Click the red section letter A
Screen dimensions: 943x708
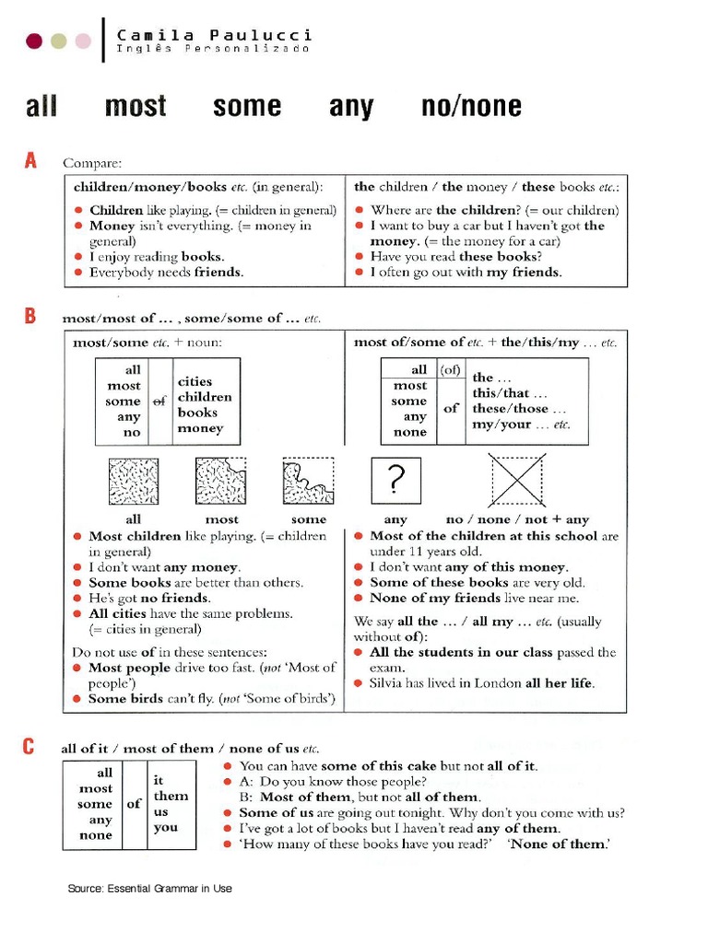coord(30,161)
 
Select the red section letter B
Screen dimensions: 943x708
coord(30,316)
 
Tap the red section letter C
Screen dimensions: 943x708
coord(30,747)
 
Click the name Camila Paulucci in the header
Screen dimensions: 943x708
coord(214,35)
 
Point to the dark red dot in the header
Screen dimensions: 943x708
coord(34,41)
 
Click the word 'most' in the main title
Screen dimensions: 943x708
coord(136,107)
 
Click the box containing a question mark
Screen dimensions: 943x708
coord(395,479)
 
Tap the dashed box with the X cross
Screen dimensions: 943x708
coord(517,479)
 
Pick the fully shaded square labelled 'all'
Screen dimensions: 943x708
coord(134,481)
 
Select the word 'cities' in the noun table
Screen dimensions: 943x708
coord(195,381)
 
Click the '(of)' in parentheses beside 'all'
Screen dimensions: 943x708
coord(450,369)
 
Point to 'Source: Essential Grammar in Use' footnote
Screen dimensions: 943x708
coord(149,889)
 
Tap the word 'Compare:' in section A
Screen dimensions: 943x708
coord(91,163)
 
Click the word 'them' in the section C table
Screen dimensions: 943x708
coord(171,796)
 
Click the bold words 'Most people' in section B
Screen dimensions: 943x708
coord(130,668)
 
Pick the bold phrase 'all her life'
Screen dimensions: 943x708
coord(560,683)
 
